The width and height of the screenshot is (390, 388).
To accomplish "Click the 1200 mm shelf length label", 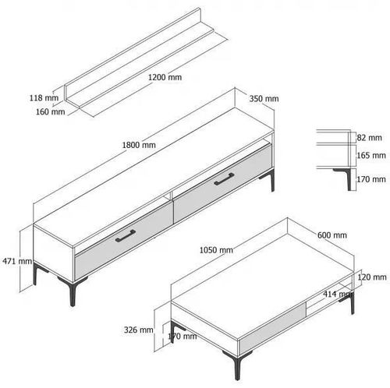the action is pyautogui.click(x=165, y=77).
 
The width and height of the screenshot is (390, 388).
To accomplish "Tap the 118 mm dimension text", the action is pyautogui.click(x=44, y=98).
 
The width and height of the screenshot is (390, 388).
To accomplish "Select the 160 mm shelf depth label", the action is pyautogui.click(x=50, y=111).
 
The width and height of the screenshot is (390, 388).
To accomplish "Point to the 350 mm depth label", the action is pyautogui.click(x=264, y=99).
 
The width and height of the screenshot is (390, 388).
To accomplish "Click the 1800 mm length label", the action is pyautogui.click(x=139, y=145).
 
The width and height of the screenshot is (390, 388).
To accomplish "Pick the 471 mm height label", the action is pyautogui.click(x=17, y=261).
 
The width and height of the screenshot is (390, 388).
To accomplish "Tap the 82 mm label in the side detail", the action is pyautogui.click(x=369, y=138).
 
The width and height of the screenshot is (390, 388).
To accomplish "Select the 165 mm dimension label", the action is pyautogui.click(x=371, y=155).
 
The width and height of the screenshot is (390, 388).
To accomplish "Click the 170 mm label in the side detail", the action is pyautogui.click(x=371, y=179).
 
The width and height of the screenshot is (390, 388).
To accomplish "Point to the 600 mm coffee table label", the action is pyautogui.click(x=332, y=235).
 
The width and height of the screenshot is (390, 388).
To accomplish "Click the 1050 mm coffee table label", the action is pyautogui.click(x=216, y=250).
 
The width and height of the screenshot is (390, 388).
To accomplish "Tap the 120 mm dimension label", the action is pyautogui.click(x=372, y=277).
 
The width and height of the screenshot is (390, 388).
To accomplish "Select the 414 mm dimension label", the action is pyautogui.click(x=338, y=295).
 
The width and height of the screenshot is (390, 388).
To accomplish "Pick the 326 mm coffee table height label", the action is pyautogui.click(x=138, y=330).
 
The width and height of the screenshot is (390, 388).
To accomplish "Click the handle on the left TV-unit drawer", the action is pyautogui.click(x=126, y=236).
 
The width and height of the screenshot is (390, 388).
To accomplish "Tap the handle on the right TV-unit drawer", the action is pyautogui.click(x=224, y=179).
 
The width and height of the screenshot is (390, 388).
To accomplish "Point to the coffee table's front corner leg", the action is pyautogui.click(x=238, y=364).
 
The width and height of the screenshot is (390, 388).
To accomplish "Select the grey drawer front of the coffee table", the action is pyautogui.click(x=272, y=327).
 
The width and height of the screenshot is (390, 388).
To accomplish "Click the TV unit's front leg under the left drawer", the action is pyautogui.click(x=73, y=291).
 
